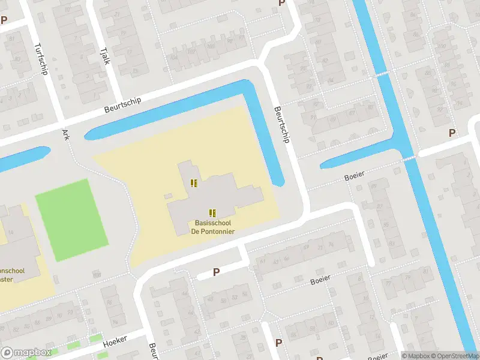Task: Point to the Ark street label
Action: click(65, 135)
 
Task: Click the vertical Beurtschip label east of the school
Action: click(281, 125)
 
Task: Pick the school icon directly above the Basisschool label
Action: click(212, 212)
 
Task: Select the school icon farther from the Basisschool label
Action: click(194, 183)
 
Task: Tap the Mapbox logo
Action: click(25, 353)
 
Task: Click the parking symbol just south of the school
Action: click(216, 272)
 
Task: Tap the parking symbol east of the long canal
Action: click(452, 133)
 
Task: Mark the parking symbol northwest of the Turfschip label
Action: click(4, 20)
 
